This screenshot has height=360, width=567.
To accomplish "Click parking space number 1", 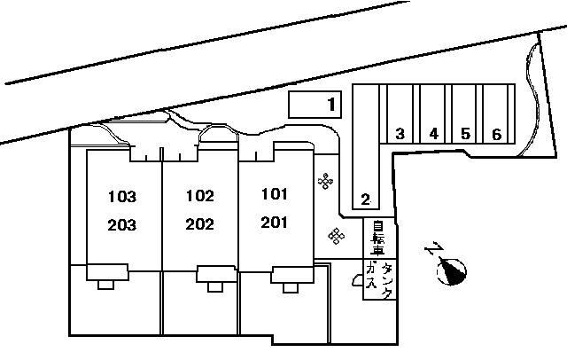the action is click(x=331, y=105).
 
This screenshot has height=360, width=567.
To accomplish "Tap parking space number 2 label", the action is click(x=366, y=200).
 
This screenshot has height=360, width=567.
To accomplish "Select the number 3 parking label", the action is click(x=400, y=134).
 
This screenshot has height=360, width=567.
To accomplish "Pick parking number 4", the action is click(x=434, y=134).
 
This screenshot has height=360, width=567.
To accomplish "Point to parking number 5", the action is click(x=466, y=134).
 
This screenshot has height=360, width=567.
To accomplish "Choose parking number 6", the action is click(x=497, y=135).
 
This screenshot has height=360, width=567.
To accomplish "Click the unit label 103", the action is click(x=122, y=197).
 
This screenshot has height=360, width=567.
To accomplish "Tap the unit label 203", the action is click(x=122, y=225).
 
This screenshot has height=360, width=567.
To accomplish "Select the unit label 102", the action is click(x=200, y=196).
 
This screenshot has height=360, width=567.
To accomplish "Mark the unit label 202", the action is click(x=199, y=224).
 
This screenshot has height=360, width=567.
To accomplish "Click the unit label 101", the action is click(x=275, y=194).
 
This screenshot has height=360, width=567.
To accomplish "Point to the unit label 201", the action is click(x=274, y=223).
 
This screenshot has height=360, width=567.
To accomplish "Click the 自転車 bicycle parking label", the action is click(x=378, y=238).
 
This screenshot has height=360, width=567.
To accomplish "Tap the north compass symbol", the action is click(x=452, y=271).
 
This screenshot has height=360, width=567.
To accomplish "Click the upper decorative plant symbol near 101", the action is click(x=325, y=181).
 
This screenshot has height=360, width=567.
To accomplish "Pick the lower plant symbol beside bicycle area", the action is click(x=337, y=236).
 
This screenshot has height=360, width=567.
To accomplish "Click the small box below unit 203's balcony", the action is click(x=105, y=285).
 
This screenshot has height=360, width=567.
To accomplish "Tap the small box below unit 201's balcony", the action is click(x=291, y=287).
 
